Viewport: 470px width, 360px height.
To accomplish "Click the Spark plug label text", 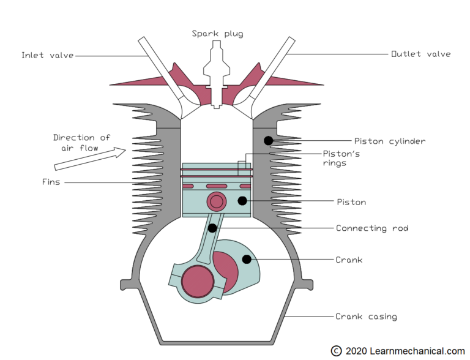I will coord(218,34).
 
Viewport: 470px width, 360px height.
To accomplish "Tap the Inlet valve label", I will coord(47,56).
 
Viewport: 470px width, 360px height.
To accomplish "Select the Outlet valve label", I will coord(420,54).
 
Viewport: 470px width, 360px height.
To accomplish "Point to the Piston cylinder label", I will coord(389,141).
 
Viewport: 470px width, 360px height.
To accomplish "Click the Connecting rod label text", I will coord(371,228).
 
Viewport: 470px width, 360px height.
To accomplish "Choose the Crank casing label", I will coord(366,317).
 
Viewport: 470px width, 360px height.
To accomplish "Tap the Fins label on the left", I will coord(51,182).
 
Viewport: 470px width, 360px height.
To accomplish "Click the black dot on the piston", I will coord(243,201).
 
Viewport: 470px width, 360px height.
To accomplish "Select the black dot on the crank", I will coord(247,260).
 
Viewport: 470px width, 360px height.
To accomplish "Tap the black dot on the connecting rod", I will coord(212,228).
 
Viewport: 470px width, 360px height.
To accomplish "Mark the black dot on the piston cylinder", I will coord(268,141).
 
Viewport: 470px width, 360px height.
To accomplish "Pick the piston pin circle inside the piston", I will coord(216,201).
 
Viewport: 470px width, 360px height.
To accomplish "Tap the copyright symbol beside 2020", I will coord(336,351).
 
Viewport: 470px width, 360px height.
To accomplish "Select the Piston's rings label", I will coord(341,158).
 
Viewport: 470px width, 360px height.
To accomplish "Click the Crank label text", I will coord(349,260).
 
